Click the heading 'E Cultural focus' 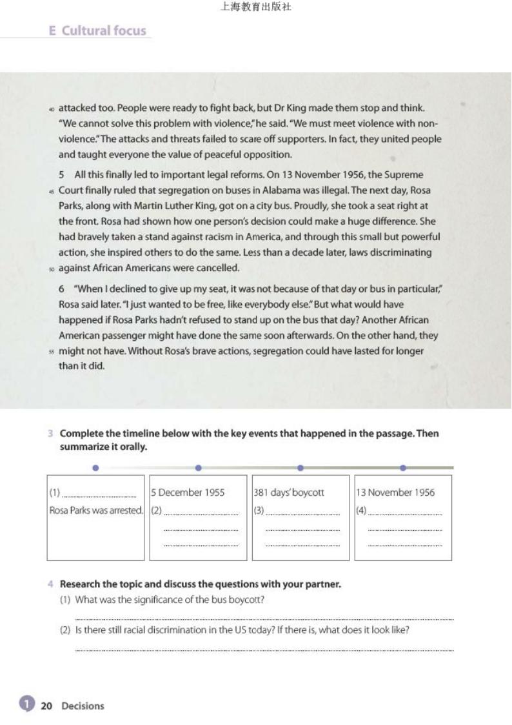pos(97,30)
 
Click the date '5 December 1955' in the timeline pos(188,493)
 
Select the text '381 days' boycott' pos(289,493)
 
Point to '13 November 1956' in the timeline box pos(395,493)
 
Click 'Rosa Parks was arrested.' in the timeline pos(96,510)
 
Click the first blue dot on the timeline pos(95,467)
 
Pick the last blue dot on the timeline pos(403,467)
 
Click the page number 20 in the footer pos(46,706)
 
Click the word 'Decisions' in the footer pos(83,706)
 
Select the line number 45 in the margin pos(51,191)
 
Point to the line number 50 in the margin pos(51,269)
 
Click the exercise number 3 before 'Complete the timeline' pos(50,434)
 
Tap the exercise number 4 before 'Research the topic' pos(50,584)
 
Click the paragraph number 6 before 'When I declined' pos(61,289)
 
